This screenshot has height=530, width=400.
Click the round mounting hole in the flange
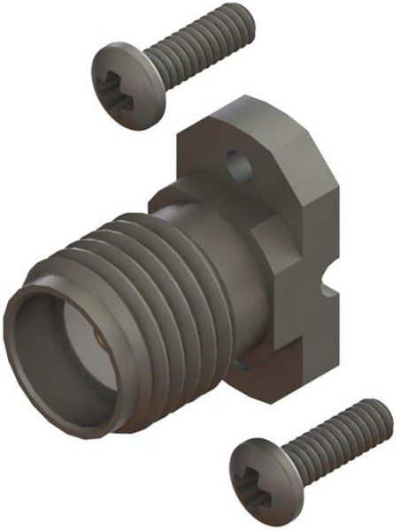point(238,163)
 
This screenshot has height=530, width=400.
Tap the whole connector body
point(177,283)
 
